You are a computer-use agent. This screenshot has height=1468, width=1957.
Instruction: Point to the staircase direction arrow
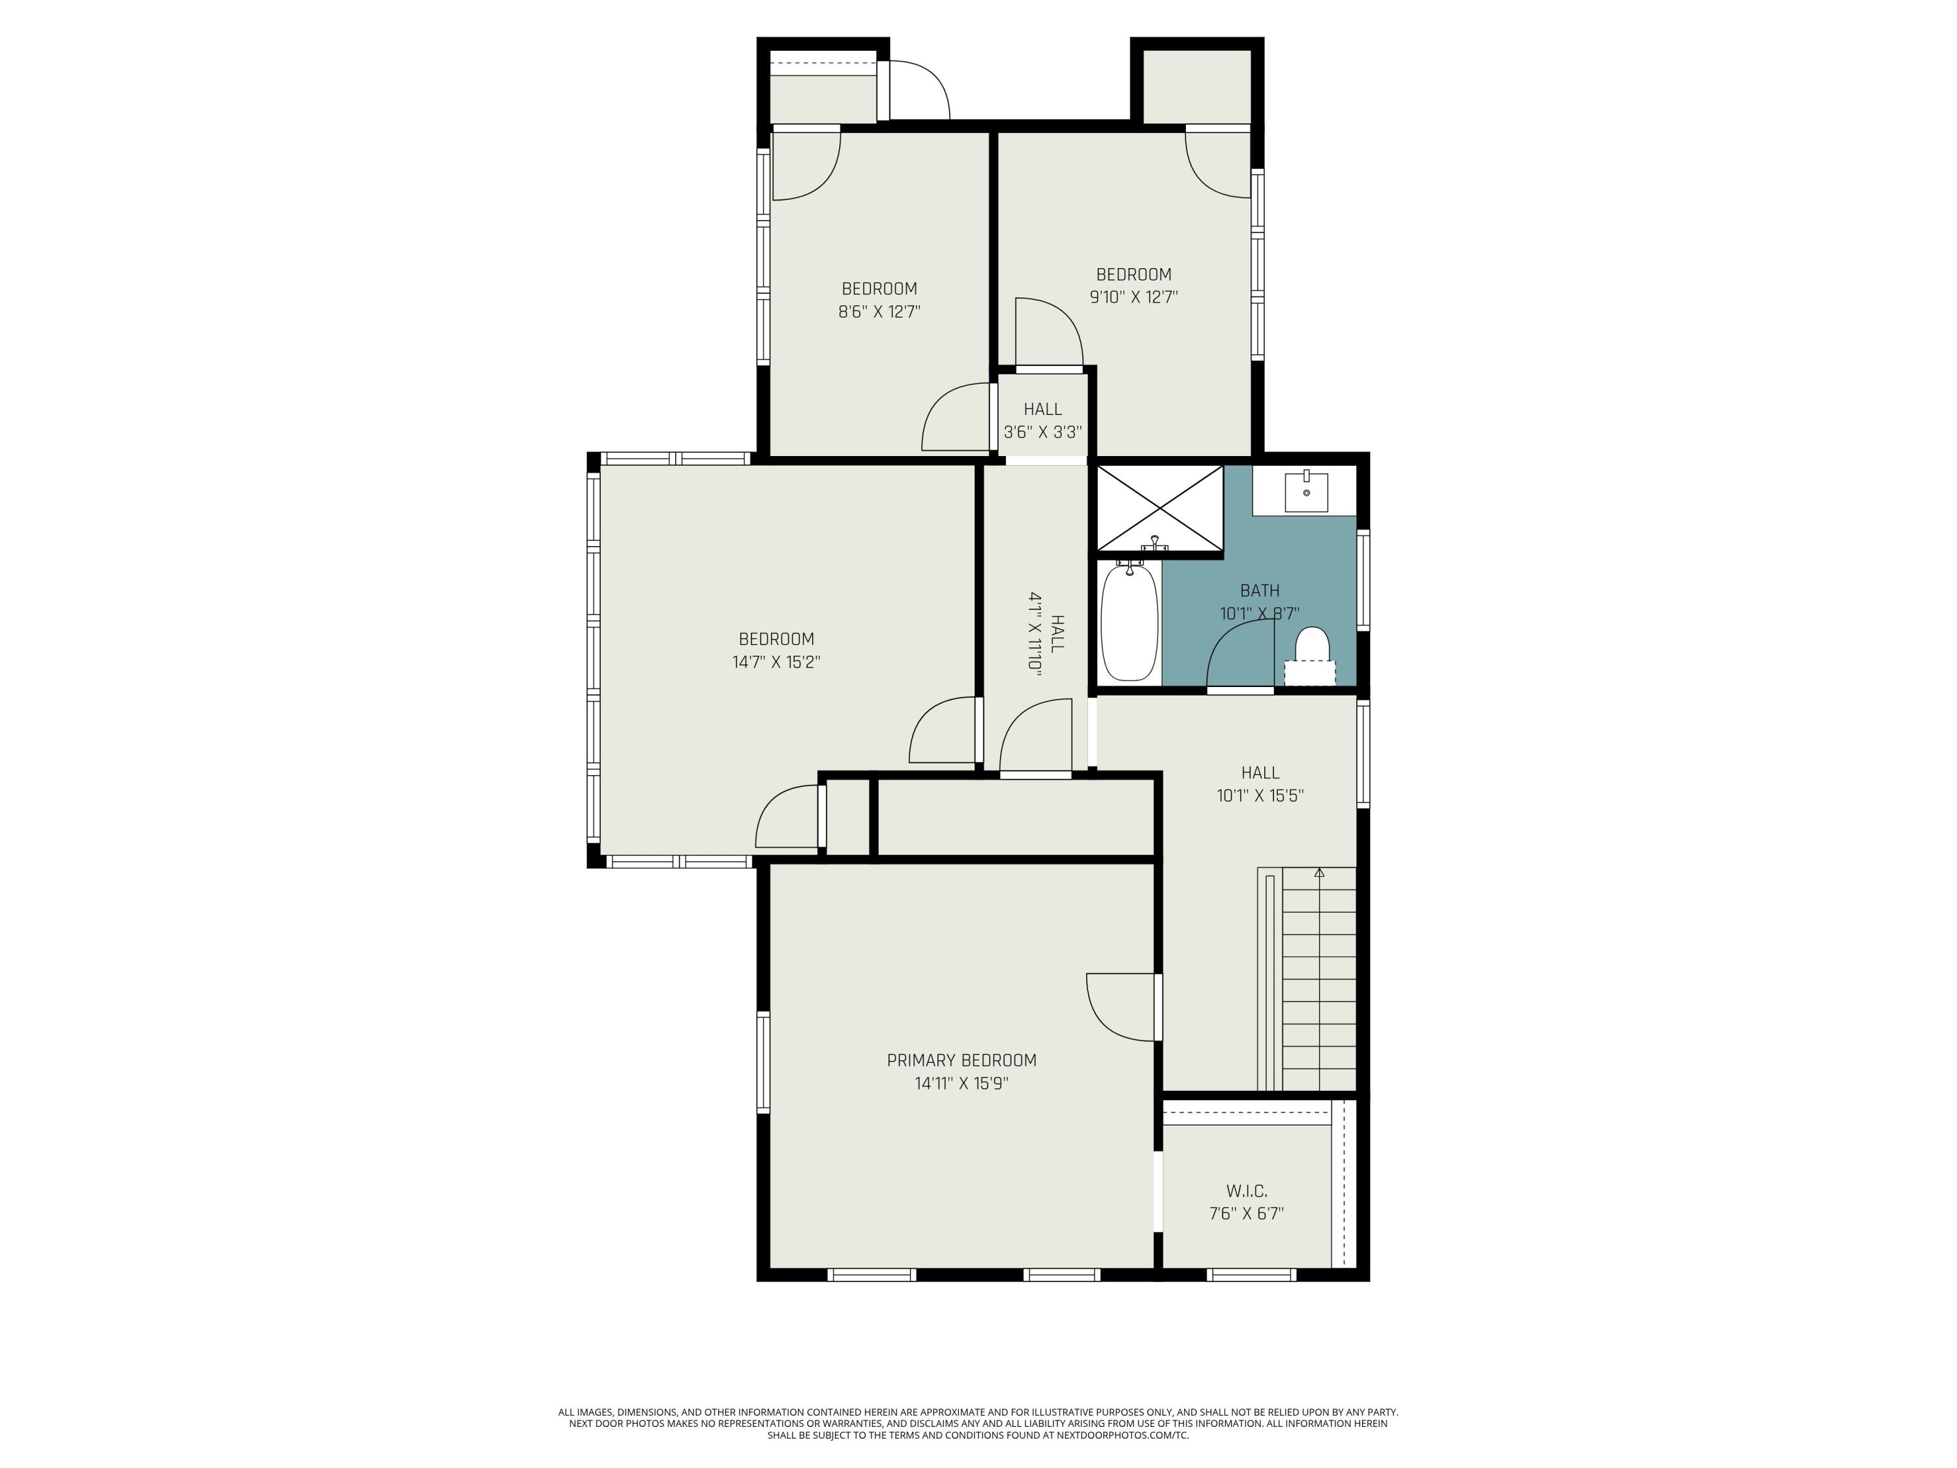[x=1319, y=872]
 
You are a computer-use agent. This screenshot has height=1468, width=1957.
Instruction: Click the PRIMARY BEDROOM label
[x=962, y=1060]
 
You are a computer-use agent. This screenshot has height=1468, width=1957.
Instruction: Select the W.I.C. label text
[x=1246, y=1191]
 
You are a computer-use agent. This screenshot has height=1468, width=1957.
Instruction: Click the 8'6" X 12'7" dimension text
[x=879, y=311]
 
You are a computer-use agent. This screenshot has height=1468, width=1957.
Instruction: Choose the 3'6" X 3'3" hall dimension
[x=1043, y=433]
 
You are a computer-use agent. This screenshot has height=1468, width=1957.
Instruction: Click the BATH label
[x=1260, y=590]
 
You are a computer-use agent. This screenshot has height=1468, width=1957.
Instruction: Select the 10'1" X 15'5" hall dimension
[x=1260, y=795]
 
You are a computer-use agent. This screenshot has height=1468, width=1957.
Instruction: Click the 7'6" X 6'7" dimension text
[x=1246, y=1214]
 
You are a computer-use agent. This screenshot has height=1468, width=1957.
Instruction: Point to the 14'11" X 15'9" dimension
[x=962, y=1083]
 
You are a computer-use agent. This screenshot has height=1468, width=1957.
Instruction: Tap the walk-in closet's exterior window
[x=1251, y=1275]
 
